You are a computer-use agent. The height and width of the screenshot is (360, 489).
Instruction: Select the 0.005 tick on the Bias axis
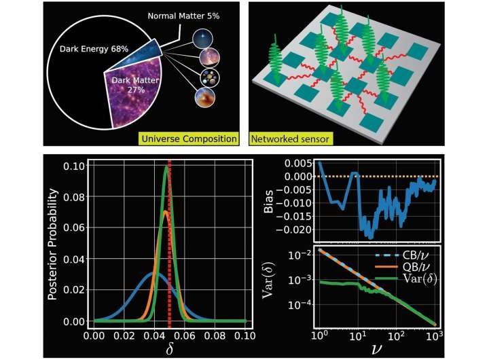tap(302, 164)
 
